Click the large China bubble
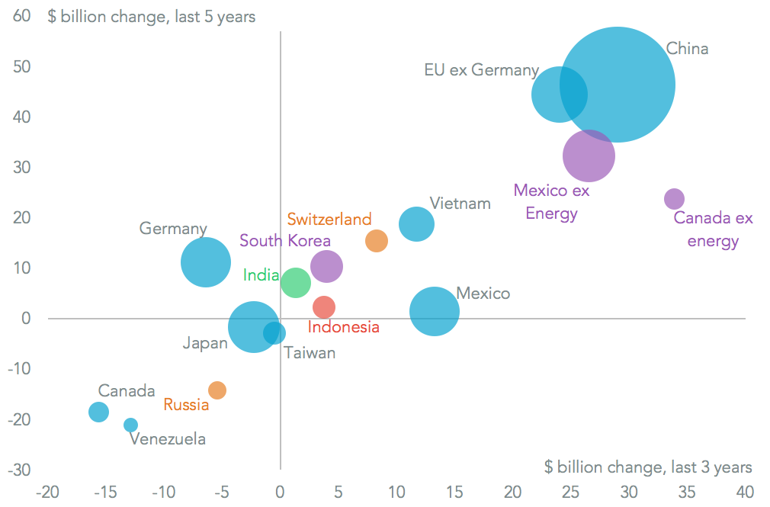pyautogui.click(x=617, y=85)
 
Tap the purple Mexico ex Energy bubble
pyautogui.click(x=589, y=156)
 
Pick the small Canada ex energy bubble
pyautogui.click(x=674, y=199)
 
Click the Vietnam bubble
pyautogui.click(x=416, y=224)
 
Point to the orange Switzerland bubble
pyautogui.click(x=377, y=241)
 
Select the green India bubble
pyautogui.click(x=296, y=283)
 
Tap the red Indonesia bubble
pyautogui.click(x=324, y=307)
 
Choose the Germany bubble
pyautogui.click(x=205, y=262)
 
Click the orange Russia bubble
pyautogui.click(x=217, y=390)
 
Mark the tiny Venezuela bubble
pyautogui.click(x=131, y=425)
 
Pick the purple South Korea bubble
pyautogui.click(x=326, y=267)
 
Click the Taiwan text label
pyautogui.click(x=310, y=353)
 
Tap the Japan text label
pyautogui.click(x=205, y=344)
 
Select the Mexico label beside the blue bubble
pyautogui.click(x=483, y=294)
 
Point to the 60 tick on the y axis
pyautogui.click(x=21, y=16)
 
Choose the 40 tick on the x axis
pyautogui.click(x=745, y=491)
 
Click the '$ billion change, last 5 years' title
pyautogui.click(x=151, y=16)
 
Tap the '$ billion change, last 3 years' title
pyautogui.click(x=648, y=467)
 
